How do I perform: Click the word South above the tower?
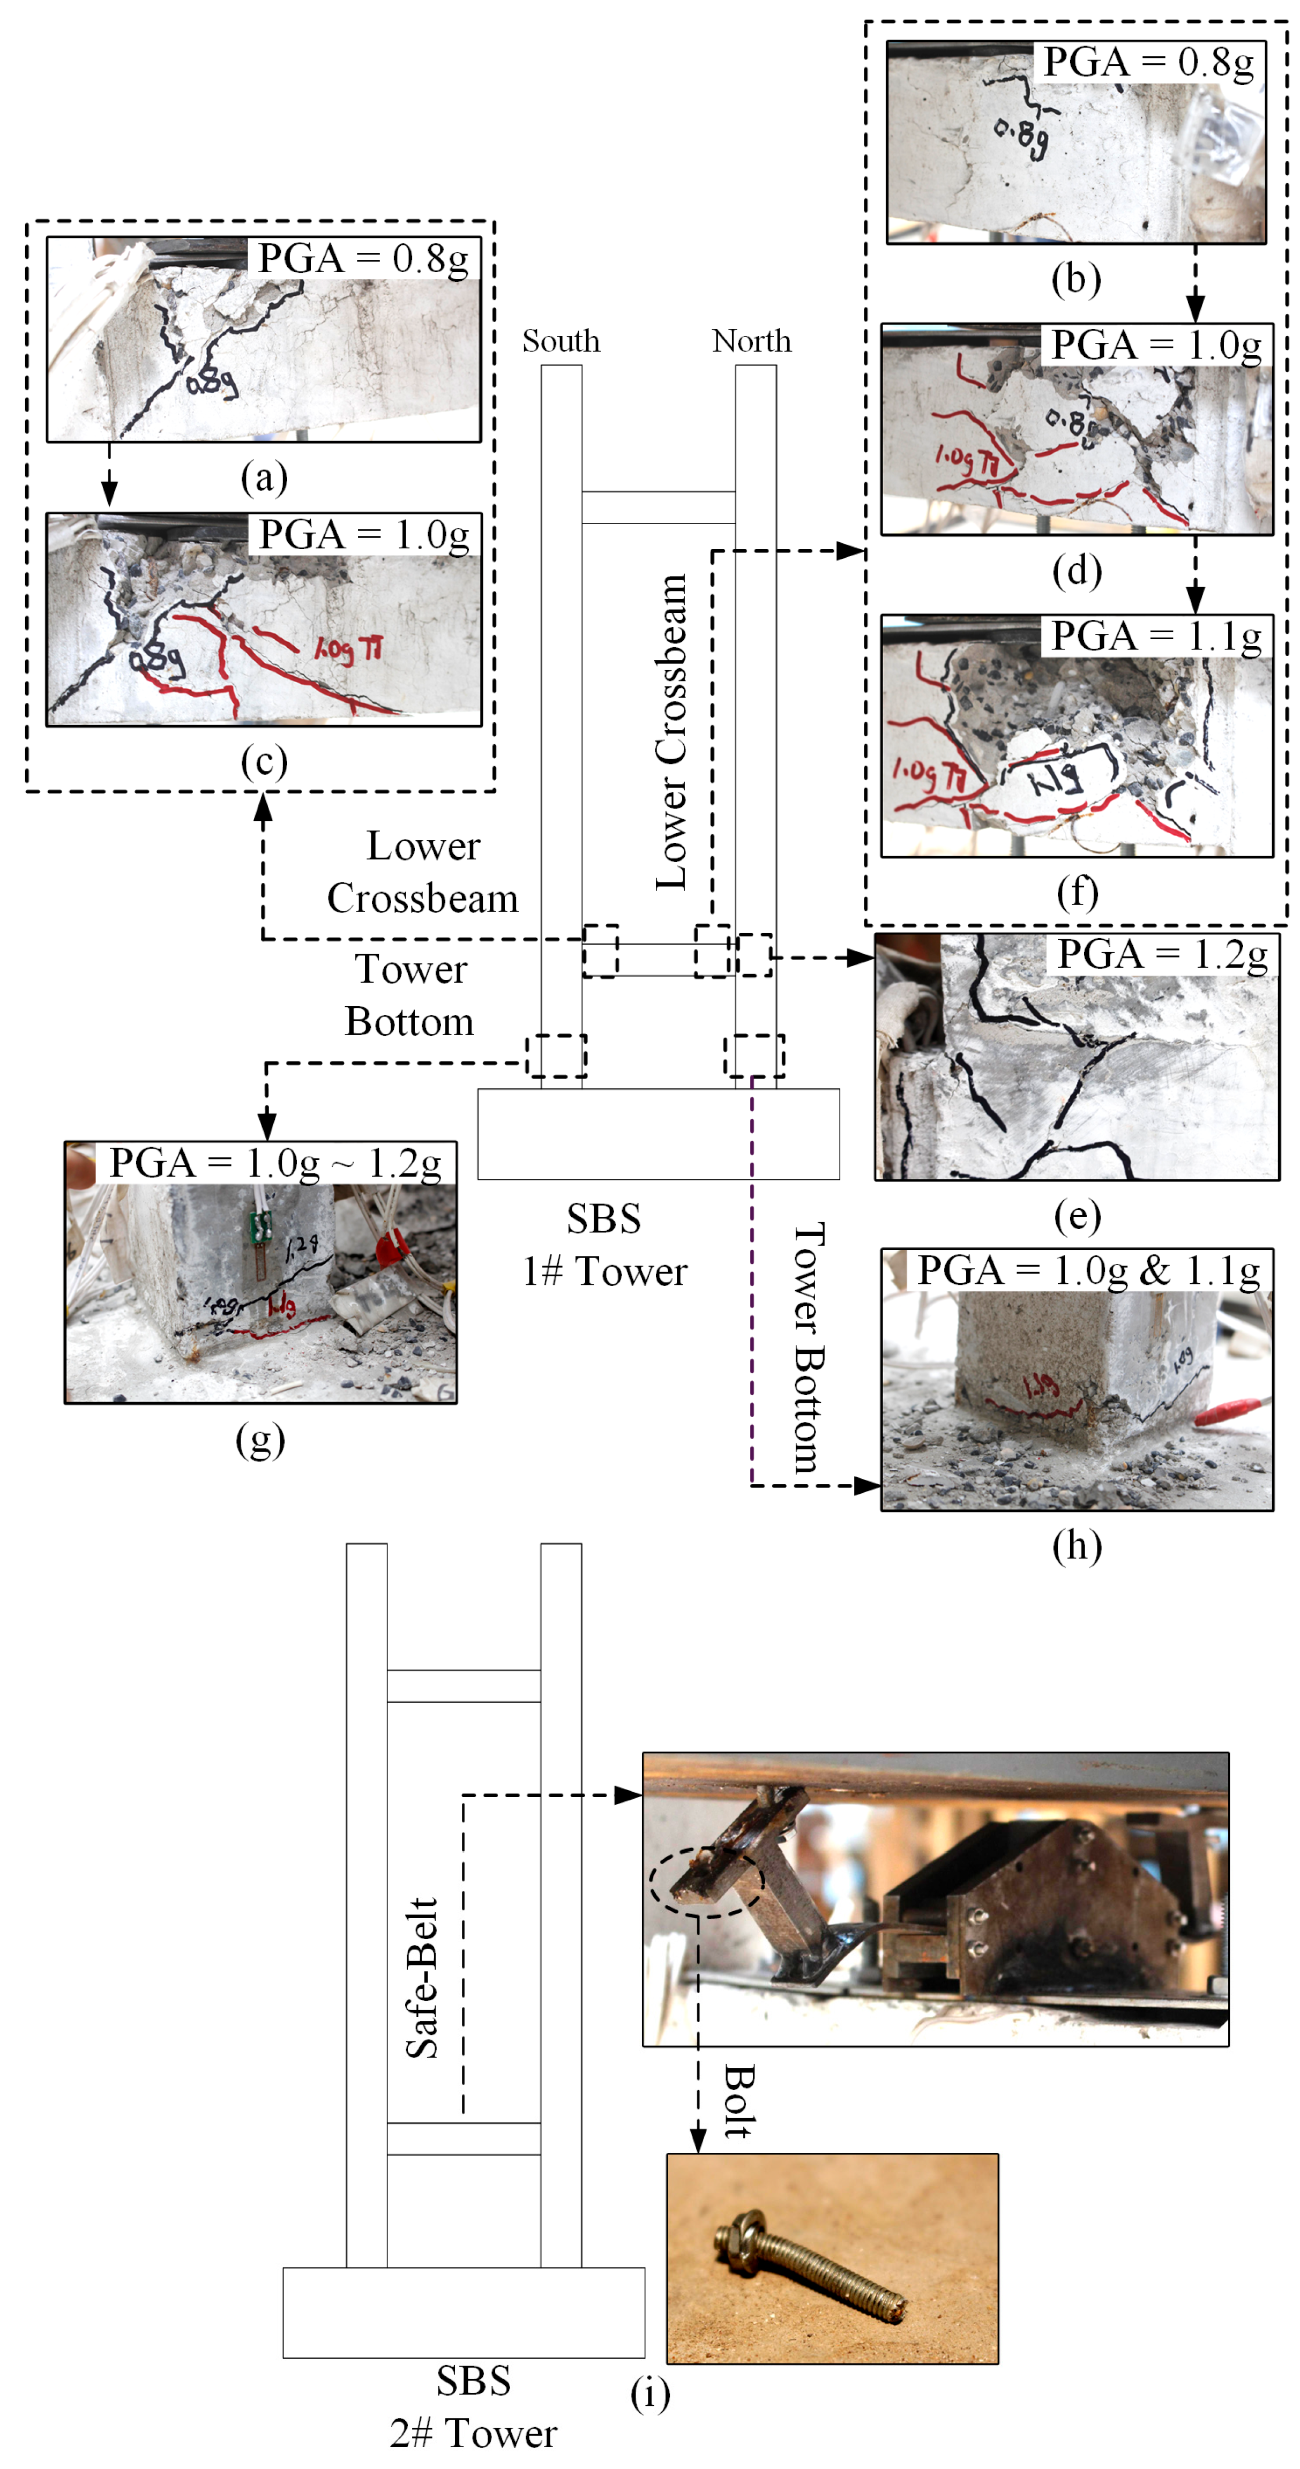pyautogui.click(x=561, y=341)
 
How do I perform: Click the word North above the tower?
pyautogui.click(x=752, y=341)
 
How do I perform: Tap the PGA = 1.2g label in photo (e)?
pyautogui.click(x=1161, y=955)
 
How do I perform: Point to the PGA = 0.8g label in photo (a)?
pyautogui.click(x=363, y=259)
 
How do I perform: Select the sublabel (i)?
pyautogui.click(x=650, y=2393)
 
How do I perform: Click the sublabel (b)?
pyautogui.click(x=1075, y=279)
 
